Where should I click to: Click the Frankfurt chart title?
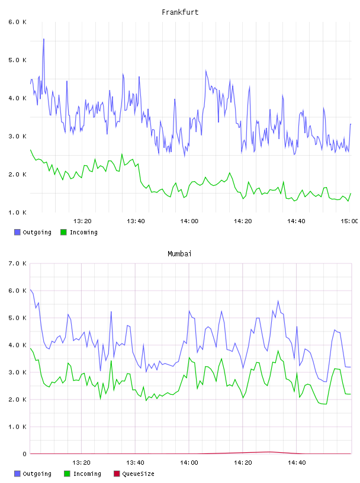(x=180, y=12)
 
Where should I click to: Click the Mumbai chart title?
(x=179, y=254)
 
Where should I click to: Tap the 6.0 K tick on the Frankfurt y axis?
(x=17, y=22)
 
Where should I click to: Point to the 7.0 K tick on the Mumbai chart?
(x=17, y=263)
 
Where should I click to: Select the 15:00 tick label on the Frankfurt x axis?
(x=349, y=221)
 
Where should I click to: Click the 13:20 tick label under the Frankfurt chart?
(x=82, y=221)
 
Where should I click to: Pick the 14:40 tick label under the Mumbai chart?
(x=297, y=462)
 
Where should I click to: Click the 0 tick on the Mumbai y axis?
(x=24, y=454)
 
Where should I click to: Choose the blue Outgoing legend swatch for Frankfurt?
(x=17, y=232)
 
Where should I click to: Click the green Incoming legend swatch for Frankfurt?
(x=63, y=232)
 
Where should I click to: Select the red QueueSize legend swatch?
(x=117, y=474)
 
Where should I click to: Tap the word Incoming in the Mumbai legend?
(x=87, y=474)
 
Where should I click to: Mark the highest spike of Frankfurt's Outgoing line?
(x=44, y=39)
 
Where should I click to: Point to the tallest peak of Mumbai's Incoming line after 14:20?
(x=278, y=350)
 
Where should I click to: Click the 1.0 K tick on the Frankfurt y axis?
(x=17, y=212)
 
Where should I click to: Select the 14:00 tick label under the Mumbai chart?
(x=189, y=462)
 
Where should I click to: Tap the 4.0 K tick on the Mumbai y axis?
(x=17, y=345)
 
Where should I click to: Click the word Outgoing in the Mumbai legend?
(x=37, y=474)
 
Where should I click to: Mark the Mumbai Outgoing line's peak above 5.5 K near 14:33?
(x=278, y=301)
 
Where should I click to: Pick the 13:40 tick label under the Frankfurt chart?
(x=136, y=221)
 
